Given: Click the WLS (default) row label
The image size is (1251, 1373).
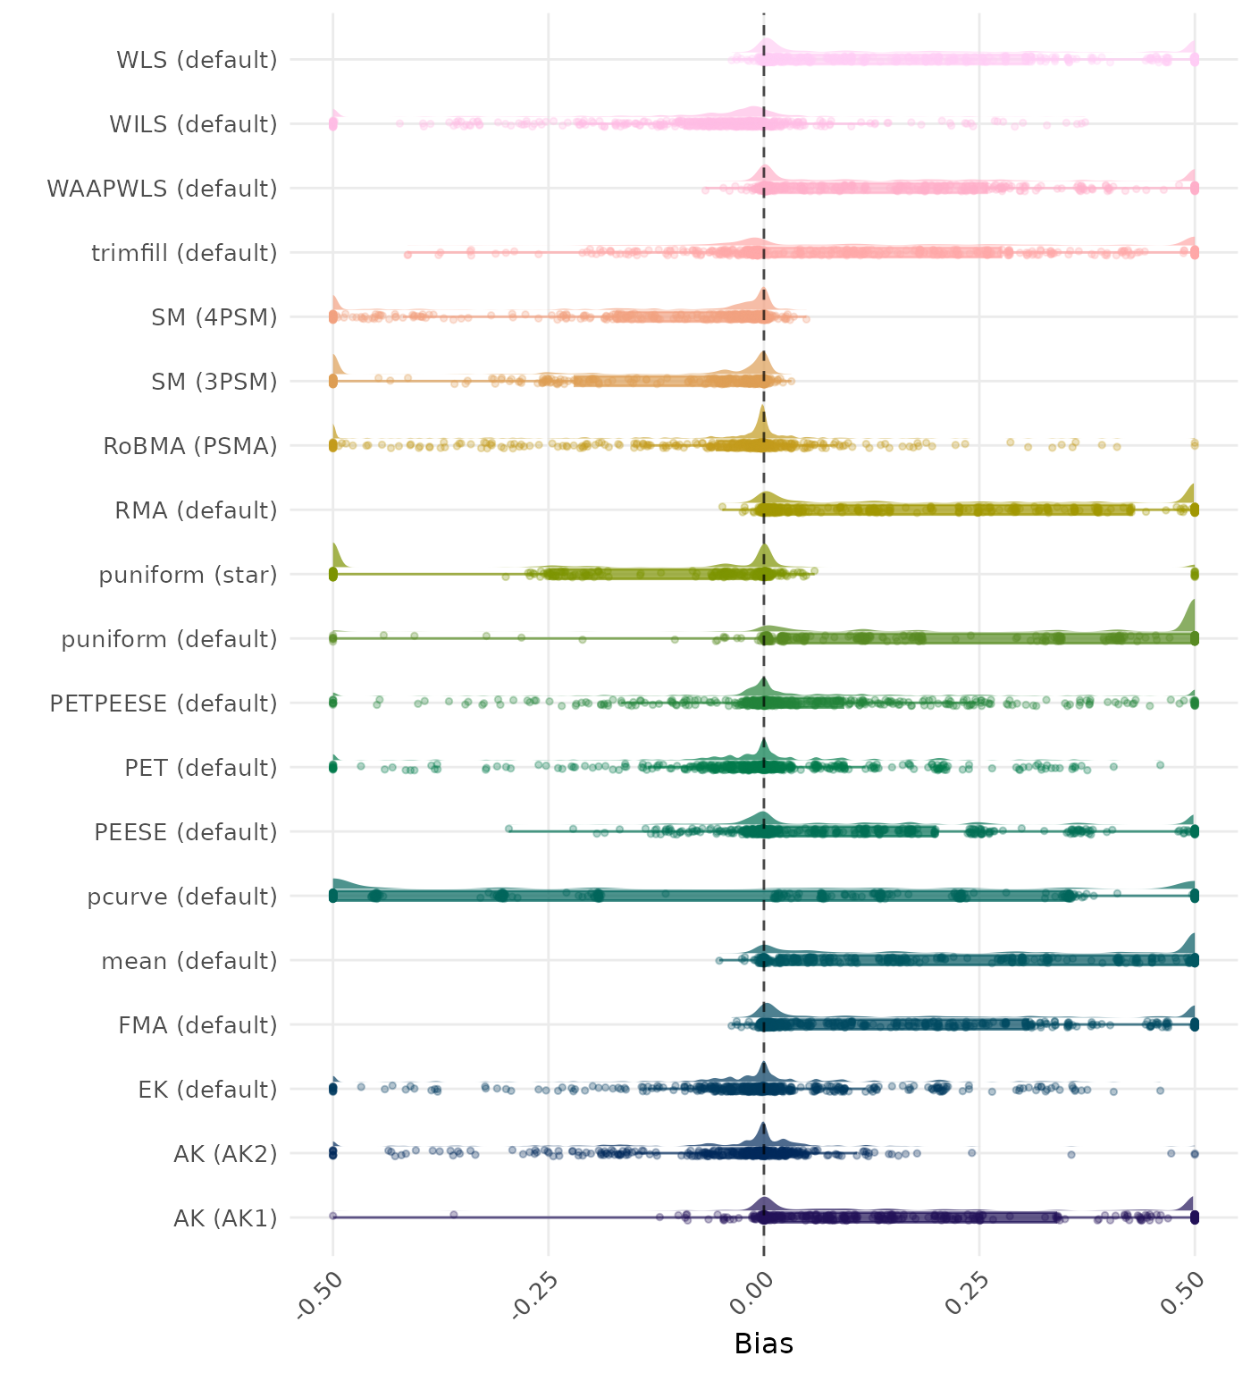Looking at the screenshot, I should [197, 60].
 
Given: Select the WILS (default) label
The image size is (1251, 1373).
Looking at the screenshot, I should [193, 124].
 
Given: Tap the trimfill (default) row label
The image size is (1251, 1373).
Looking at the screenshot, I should [184, 253].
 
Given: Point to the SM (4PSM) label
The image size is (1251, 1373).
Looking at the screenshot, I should [214, 317].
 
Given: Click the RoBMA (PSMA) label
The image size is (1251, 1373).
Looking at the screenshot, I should [190, 446].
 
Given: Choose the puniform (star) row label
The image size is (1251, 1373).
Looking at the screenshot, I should [188, 575].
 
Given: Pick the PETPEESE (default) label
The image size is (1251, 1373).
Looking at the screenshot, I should [164, 703].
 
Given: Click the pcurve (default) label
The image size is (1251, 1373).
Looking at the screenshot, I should [182, 897].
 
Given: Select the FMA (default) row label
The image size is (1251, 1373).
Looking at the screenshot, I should [197, 1025].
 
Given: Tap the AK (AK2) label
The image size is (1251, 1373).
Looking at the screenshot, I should [225, 1154].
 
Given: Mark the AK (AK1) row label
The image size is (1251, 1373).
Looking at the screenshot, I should [225, 1218].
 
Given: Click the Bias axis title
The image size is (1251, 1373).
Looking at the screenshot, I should [763, 1344].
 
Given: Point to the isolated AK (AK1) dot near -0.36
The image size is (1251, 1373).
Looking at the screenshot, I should [454, 1214].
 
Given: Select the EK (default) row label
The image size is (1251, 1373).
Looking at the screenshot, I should [207, 1090].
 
